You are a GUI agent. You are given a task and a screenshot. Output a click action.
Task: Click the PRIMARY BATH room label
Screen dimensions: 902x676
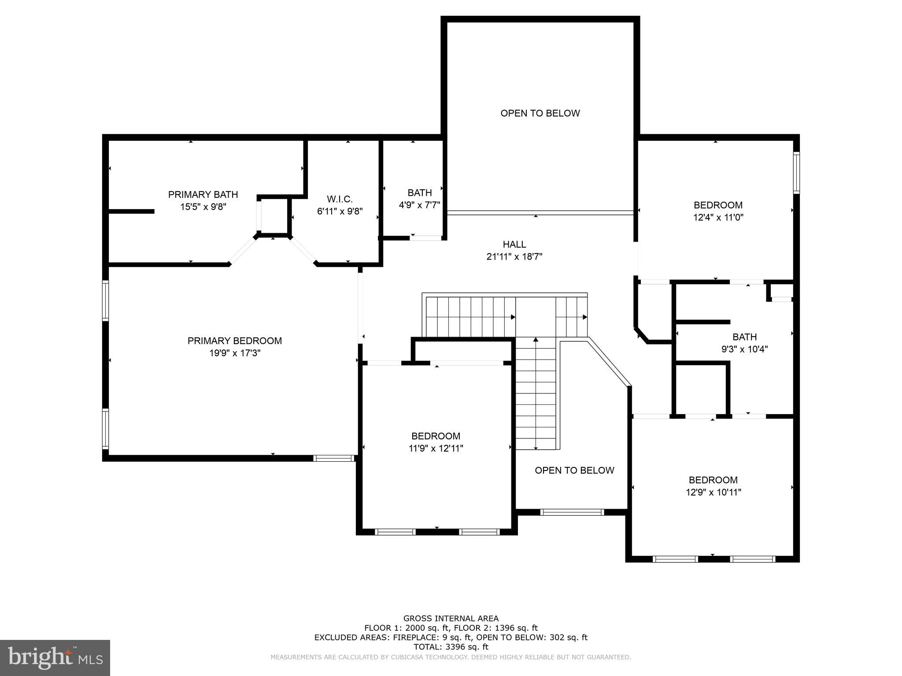[x=203, y=195]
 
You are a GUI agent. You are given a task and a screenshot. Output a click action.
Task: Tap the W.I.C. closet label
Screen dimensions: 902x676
[x=340, y=199]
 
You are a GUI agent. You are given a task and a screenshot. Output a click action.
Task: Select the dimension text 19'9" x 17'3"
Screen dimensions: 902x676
[x=235, y=353]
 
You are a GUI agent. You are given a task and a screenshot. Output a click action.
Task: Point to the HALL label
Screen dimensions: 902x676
[x=514, y=244]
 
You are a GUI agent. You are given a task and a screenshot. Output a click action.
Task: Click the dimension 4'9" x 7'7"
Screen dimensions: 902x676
[x=419, y=205]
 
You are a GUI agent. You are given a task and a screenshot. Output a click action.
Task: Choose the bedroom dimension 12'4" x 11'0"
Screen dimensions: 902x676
[x=718, y=217]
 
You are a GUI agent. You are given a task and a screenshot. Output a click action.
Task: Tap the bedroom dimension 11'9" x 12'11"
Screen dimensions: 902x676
[x=436, y=448]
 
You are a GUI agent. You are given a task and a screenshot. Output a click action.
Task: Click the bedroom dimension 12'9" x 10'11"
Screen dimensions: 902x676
[x=713, y=492]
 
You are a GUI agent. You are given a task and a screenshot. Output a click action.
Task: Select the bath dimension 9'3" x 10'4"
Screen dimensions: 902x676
[x=745, y=349]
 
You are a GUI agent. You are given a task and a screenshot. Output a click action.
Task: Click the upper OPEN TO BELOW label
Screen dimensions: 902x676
[x=540, y=113]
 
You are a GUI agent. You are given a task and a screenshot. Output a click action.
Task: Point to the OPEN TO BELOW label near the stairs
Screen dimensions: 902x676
[x=574, y=470]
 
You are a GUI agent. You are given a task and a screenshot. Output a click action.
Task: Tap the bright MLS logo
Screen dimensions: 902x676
[x=55, y=658]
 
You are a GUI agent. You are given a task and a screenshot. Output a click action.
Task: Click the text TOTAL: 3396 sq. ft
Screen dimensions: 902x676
[x=451, y=647]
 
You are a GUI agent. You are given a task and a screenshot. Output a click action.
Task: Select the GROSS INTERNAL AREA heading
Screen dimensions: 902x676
[x=451, y=619]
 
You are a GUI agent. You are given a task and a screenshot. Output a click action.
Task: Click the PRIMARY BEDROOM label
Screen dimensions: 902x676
[x=235, y=341]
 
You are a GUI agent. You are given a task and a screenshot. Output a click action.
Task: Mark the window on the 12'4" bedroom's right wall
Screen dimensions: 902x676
[x=796, y=173]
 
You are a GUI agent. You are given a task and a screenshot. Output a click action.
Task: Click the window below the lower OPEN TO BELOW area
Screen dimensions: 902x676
[x=572, y=512]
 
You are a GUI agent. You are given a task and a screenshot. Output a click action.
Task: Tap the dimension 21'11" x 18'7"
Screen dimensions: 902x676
[x=514, y=257]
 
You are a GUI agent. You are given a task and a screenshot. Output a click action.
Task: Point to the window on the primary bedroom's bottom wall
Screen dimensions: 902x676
[x=334, y=458]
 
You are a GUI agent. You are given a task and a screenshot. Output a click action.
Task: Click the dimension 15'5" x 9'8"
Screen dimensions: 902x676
[x=203, y=207]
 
